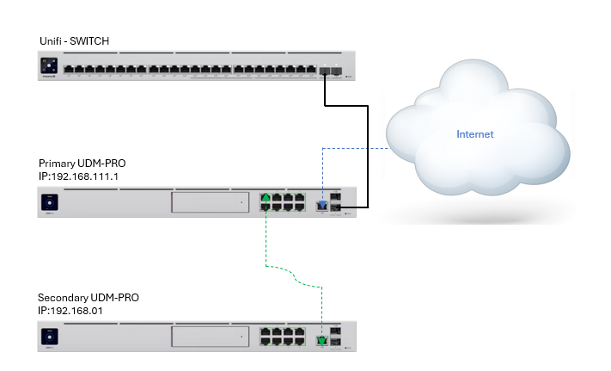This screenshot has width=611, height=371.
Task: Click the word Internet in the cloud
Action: [x=475, y=134]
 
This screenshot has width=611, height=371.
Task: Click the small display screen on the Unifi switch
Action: [x=50, y=65]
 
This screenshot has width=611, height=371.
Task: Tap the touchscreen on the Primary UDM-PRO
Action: [x=50, y=203]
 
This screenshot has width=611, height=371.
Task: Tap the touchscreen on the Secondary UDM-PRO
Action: [x=50, y=337]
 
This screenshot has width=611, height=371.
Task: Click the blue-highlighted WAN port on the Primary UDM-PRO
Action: [x=321, y=206]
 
